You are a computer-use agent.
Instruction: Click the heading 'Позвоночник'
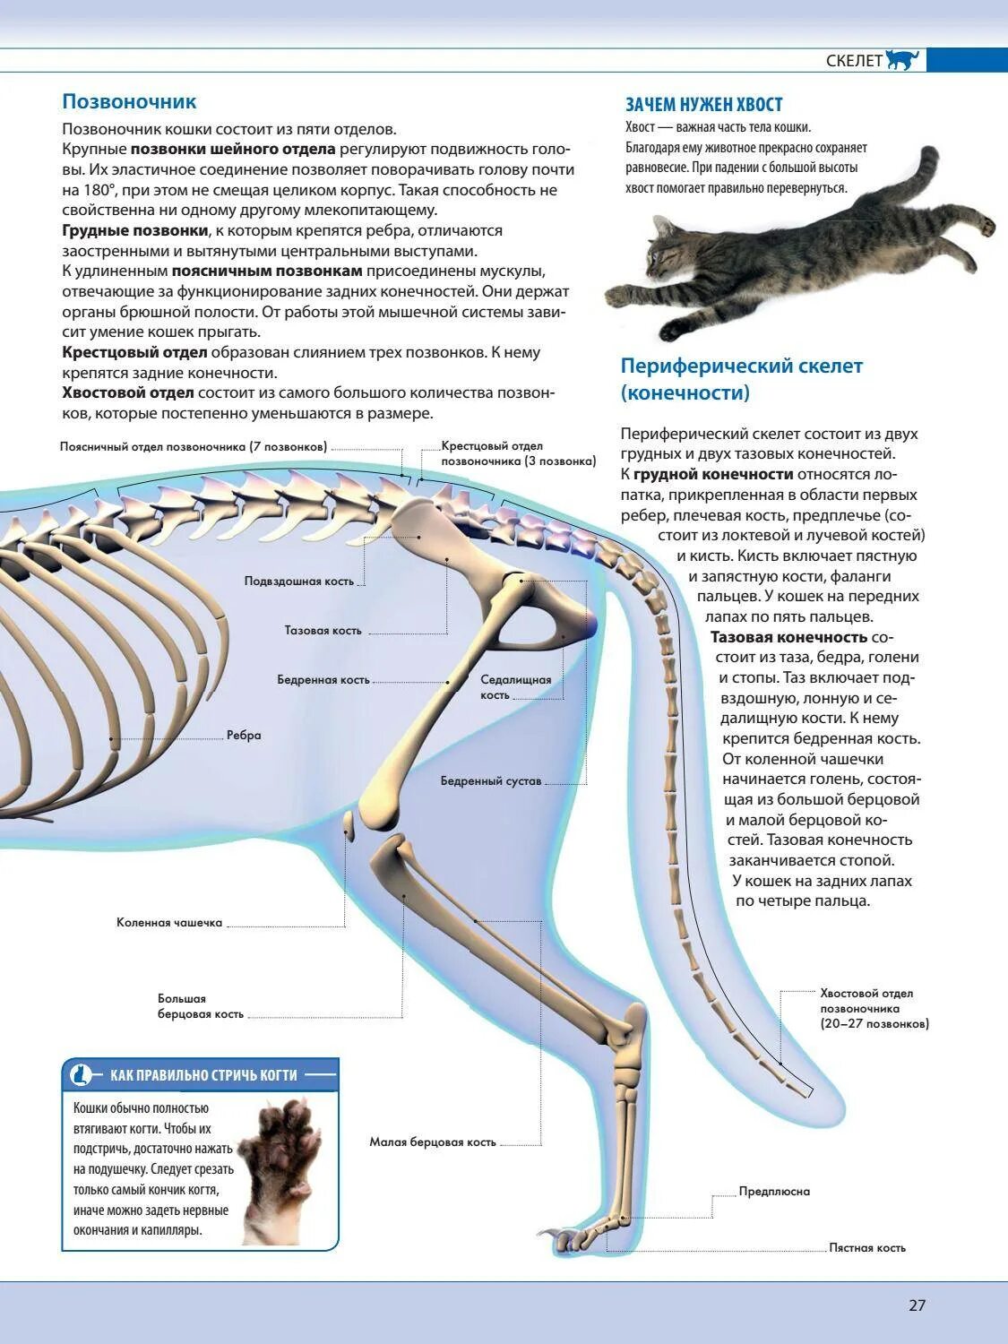[129, 101]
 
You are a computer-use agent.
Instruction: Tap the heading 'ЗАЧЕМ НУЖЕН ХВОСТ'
[703, 105]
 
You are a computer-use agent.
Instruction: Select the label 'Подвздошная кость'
[299, 582]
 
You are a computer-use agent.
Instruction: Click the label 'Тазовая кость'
[323, 631]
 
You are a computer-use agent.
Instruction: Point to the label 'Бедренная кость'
[323, 680]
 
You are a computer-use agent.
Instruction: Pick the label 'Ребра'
[244, 736]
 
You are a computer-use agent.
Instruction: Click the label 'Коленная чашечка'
[168, 923]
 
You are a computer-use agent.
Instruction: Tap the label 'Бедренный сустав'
[491, 781]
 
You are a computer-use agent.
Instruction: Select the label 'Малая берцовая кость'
[432, 1142]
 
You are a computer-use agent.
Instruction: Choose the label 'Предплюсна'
[774, 1192]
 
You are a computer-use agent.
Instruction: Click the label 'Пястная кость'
[866, 1247]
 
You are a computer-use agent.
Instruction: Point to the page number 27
[917, 1305]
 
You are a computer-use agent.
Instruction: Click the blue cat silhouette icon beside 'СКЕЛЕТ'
[902, 60]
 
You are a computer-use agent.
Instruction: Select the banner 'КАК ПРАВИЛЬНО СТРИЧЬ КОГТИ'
[202, 1074]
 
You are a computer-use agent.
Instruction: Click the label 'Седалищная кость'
[515, 687]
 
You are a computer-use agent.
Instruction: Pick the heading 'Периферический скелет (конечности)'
[741, 379]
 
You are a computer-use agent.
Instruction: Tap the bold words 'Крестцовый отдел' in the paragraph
[134, 353]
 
